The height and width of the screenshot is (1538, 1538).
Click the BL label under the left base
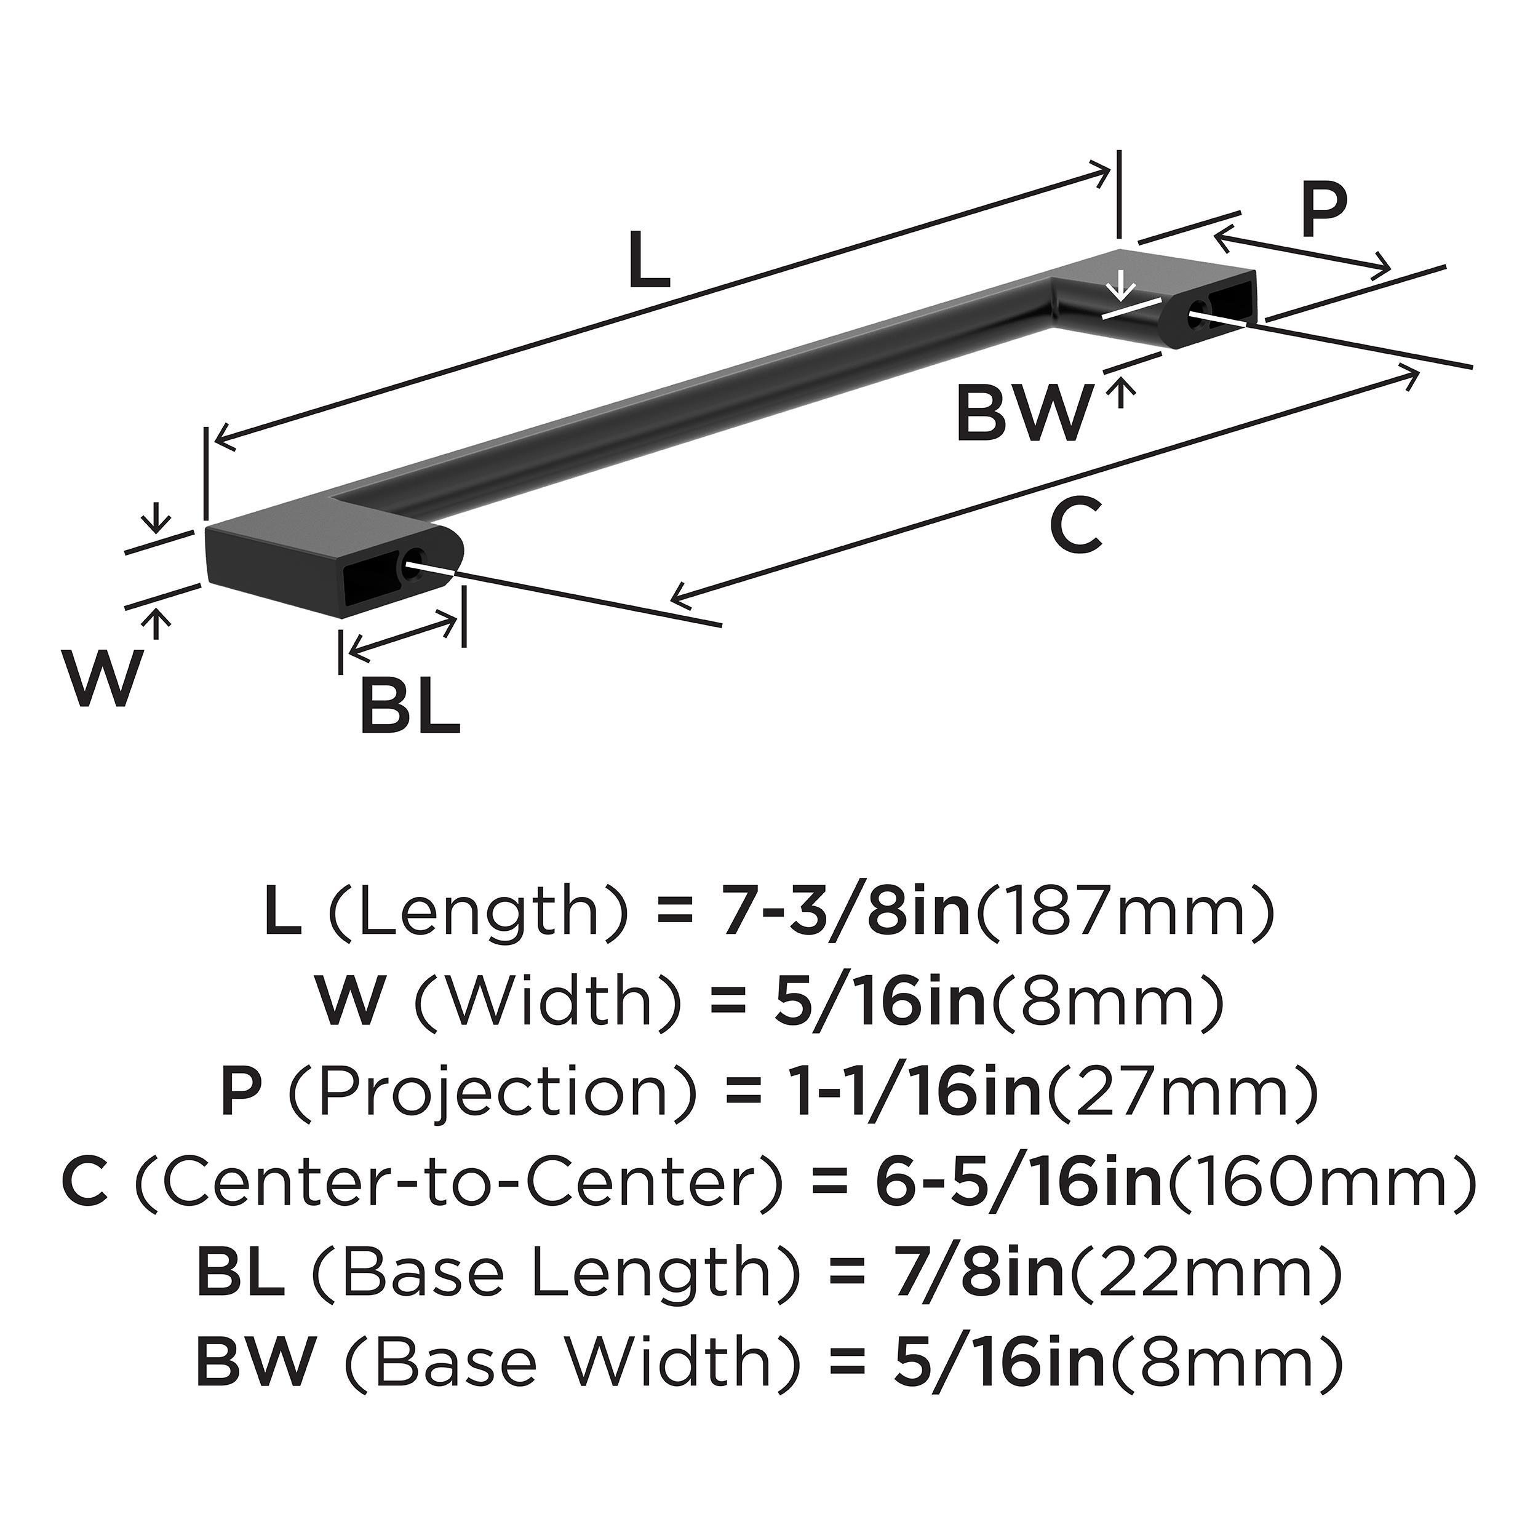[410, 706]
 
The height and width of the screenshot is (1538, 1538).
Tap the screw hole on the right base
[1197, 315]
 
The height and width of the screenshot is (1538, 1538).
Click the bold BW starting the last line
[257, 1362]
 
